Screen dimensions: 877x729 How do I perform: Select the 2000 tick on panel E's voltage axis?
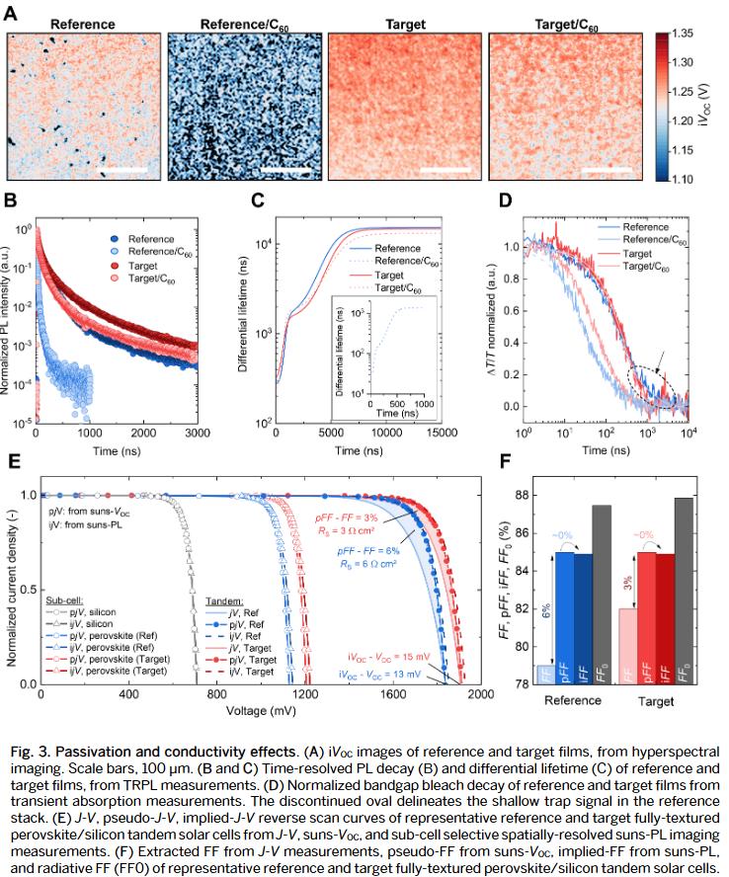tap(481, 695)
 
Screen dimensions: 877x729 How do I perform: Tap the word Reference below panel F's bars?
tap(574, 699)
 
